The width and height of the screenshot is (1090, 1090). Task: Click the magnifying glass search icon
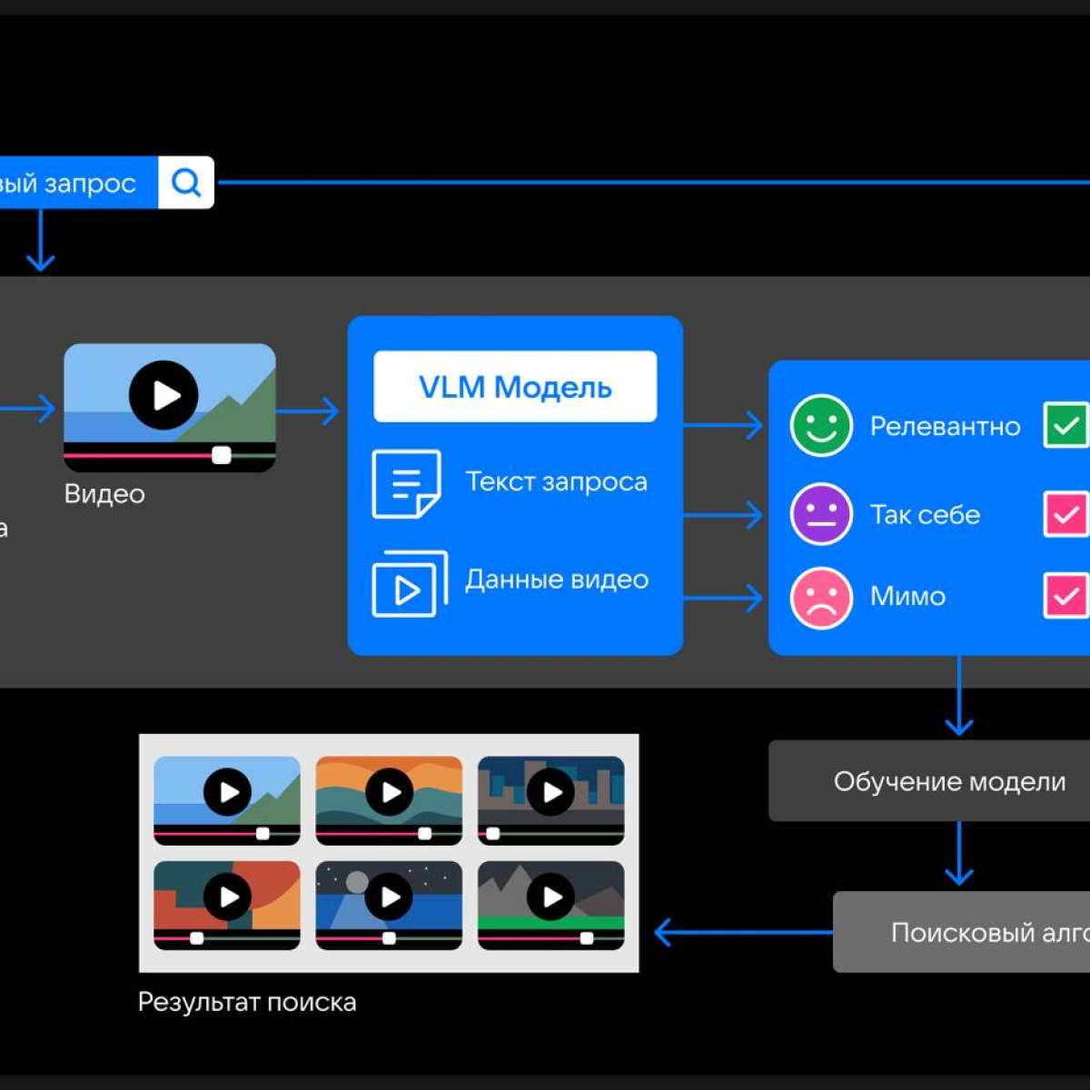point(186,183)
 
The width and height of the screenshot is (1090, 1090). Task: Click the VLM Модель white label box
point(515,387)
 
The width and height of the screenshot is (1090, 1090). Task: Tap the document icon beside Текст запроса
point(406,483)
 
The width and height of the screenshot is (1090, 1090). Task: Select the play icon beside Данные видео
point(409,584)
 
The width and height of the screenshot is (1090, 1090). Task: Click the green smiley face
point(821,425)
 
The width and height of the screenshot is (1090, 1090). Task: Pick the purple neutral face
point(821,514)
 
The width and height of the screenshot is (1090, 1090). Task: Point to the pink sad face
point(821,598)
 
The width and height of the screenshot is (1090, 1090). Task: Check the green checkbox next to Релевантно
point(1066,425)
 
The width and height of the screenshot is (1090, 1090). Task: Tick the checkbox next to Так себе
point(1066,514)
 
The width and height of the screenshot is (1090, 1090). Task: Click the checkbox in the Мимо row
point(1066,596)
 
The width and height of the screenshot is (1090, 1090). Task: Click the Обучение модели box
point(949,781)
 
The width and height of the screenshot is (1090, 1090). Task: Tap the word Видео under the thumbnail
point(104,494)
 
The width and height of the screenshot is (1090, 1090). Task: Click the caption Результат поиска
point(247,1003)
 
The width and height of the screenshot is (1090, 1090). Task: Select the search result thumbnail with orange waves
point(389,799)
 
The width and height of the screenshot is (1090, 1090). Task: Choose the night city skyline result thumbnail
point(550,799)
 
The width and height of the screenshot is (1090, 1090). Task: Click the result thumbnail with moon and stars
point(389,905)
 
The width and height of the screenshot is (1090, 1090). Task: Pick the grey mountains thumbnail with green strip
point(550,905)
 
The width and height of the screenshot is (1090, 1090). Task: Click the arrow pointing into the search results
point(740,932)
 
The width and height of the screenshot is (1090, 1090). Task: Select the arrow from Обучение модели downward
point(959,854)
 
